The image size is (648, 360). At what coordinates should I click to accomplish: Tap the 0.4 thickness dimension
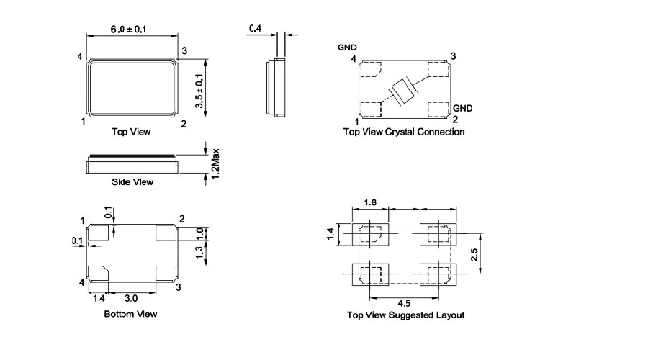coord(255,29)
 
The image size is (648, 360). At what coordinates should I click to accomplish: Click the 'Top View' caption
coord(131,132)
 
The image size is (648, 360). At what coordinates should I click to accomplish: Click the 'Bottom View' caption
coord(130,314)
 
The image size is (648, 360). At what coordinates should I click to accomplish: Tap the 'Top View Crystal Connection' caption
coord(404,132)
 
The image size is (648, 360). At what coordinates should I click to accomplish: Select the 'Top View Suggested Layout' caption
coord(405,315)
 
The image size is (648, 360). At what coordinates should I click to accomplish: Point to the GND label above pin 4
coord(347,48)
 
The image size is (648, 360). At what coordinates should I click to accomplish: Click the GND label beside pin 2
coord(462,108)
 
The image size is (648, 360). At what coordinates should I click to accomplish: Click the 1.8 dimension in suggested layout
coord(370,204)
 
